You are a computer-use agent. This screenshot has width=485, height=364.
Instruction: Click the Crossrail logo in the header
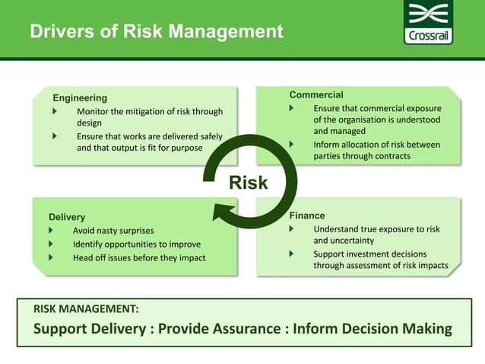[x=430, y=24]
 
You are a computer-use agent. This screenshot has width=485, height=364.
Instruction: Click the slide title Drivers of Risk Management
[x=157, y=32]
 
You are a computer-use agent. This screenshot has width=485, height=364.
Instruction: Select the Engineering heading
[x=80, y=97]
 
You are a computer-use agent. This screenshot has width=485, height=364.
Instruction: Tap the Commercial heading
[x=316, y=94]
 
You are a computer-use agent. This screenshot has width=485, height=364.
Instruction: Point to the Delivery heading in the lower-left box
[x=67, y=217]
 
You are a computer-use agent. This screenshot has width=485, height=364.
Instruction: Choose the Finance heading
[x=307, y=216]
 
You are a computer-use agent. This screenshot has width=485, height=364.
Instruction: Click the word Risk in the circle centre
[x=249, y=183]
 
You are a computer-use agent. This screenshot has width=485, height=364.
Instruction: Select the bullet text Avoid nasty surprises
[x=113, y=231]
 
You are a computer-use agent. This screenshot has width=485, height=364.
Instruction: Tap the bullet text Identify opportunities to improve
[x=137, y=244]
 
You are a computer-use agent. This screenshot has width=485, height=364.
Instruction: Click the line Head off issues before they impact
[x=139, y=258]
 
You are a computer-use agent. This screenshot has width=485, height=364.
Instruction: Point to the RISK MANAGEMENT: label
[x=86, y=309]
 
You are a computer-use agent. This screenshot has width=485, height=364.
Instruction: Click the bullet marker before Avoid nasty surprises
[x=51, y=230]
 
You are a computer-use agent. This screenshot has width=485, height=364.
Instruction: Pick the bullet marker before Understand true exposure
[x=291, y=228]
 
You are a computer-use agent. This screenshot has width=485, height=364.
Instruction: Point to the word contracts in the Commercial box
[x=385, y=156]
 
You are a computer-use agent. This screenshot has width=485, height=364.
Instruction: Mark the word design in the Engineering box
[x=89, y=123]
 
